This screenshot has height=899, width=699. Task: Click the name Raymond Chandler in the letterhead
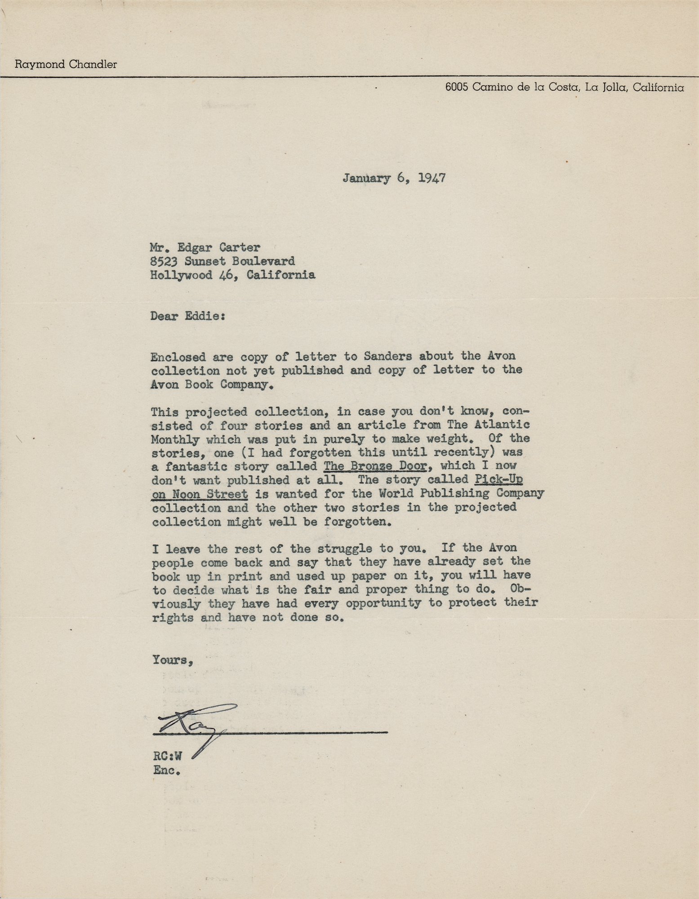pos(66,64)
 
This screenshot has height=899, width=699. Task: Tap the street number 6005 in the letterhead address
pos(457,88)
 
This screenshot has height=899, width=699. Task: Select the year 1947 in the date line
pos(432,178)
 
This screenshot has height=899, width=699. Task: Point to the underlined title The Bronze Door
pos(374,466)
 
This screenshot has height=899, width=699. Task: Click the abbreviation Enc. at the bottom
pos(166,770)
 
